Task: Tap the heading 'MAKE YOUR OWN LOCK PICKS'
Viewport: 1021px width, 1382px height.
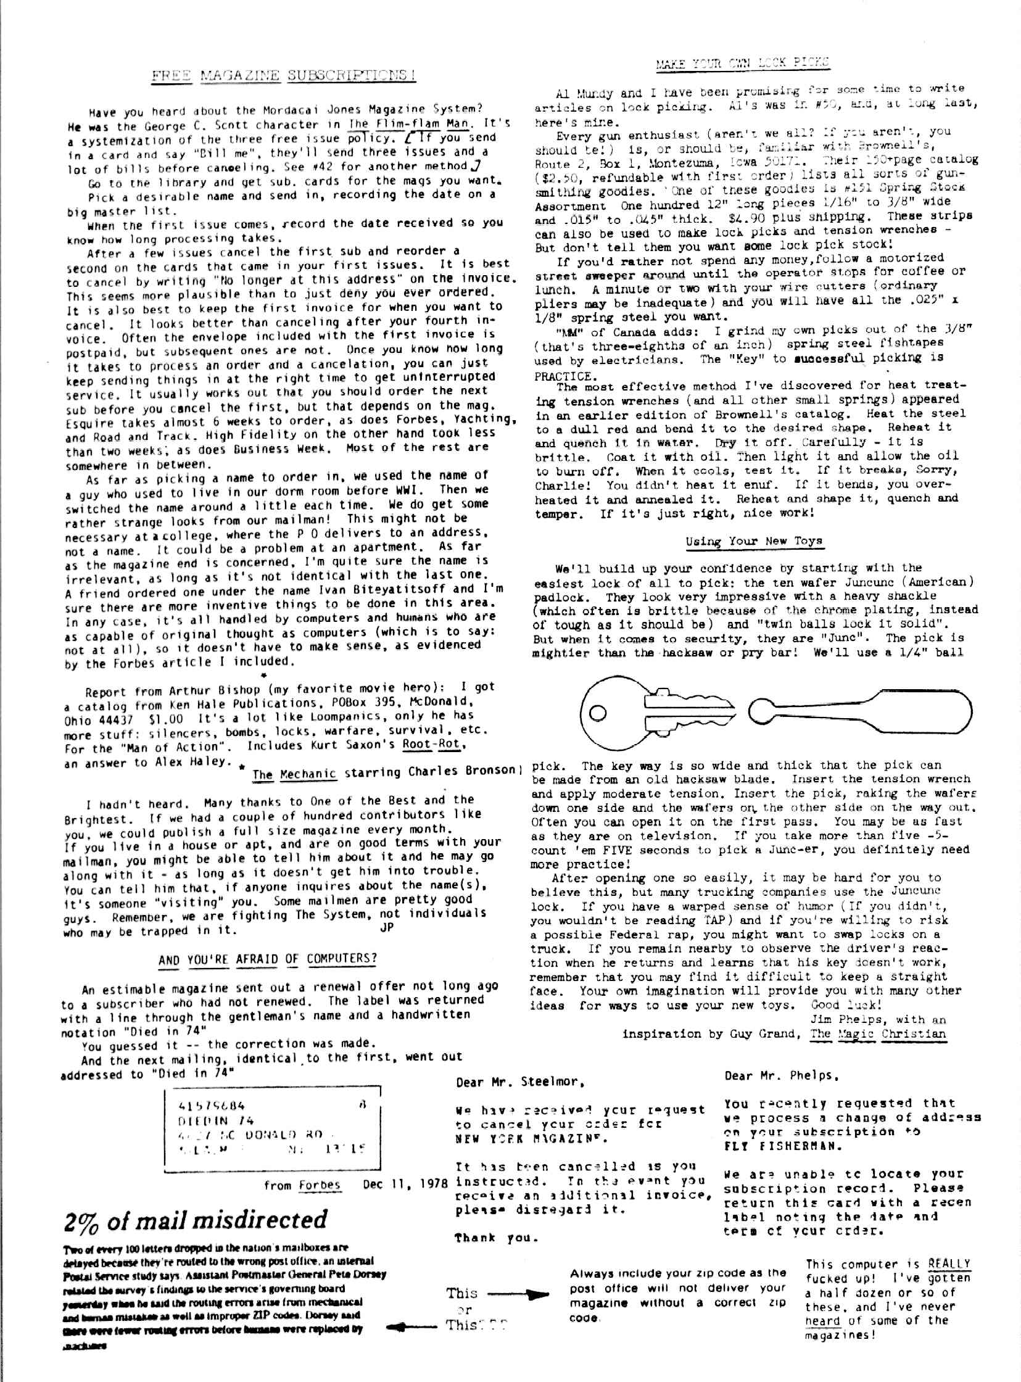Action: (x=742, y=62)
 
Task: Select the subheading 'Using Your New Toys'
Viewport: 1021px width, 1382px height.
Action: (x=753, y=542)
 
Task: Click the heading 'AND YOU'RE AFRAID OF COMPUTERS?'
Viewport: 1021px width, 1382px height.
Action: (x=268, y=959)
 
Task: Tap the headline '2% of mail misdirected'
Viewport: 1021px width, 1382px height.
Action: (x=196, y=1220)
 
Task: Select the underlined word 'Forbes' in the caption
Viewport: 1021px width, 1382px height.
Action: (x=320, y=1185)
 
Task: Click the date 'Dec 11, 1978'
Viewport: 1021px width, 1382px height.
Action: (x=405, y=1185)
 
